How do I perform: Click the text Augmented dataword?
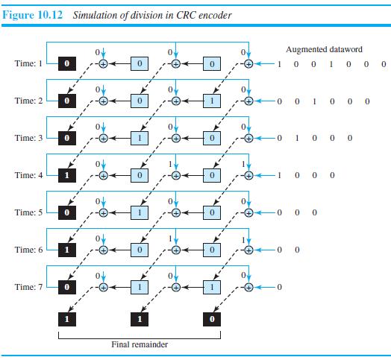324,49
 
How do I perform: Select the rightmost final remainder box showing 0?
212,320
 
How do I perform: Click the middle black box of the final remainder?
140,320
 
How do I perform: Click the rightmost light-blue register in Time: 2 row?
212,101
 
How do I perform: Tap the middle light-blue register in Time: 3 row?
140,138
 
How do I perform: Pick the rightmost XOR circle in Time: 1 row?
248,64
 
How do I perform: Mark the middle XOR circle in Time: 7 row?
176,286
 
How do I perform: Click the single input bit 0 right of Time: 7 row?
278,286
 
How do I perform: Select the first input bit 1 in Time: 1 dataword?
278,64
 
